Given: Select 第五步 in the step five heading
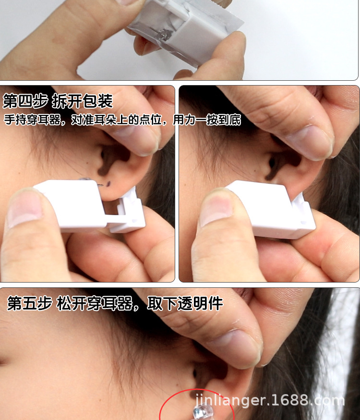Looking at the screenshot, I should [x=29, y=304].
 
